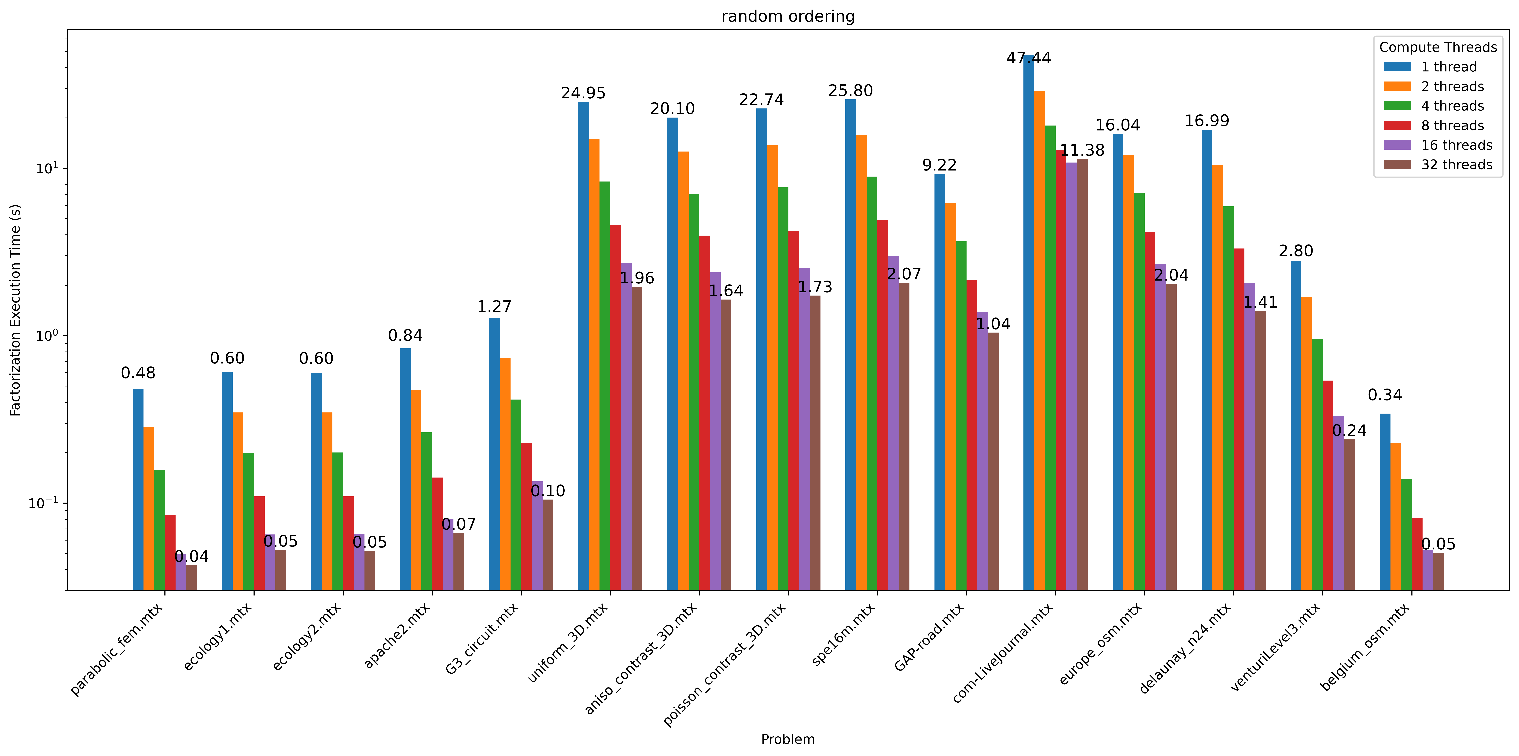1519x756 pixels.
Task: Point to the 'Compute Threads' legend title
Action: [x=1438, y=47]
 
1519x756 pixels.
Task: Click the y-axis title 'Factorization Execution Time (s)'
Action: [x=15, y=310]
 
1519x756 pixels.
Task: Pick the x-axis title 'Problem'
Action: [x=788, y=739]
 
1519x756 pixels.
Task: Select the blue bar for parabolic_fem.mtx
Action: [x=138, y=489]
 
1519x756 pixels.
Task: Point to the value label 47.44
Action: [x=1028, y=58]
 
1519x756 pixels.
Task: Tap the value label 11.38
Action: [x=1082, y=150]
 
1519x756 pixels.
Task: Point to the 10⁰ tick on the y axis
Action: [x=47, y=336]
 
